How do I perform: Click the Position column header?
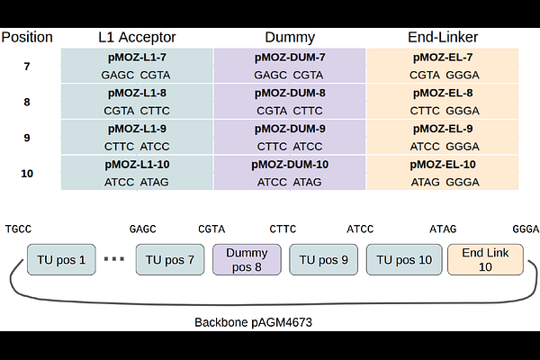27,37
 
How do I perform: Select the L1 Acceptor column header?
137,37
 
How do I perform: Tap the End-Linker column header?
443,37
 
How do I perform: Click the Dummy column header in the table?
290,38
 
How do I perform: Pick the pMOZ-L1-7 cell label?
137,58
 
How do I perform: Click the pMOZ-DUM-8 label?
290,93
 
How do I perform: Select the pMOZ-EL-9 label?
443,129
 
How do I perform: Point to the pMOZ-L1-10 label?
137,165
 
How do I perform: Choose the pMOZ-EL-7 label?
443,58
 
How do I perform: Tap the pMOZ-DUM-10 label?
290,165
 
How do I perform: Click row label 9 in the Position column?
27,138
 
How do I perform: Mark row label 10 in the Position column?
27,174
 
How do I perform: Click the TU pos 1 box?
61,260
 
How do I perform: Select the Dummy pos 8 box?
247,260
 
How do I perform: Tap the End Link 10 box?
485,260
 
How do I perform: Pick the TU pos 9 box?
323,260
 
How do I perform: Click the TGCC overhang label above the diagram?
18,229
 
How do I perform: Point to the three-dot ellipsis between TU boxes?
114,259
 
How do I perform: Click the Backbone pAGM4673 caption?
253,322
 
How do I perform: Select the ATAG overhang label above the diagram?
443,229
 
